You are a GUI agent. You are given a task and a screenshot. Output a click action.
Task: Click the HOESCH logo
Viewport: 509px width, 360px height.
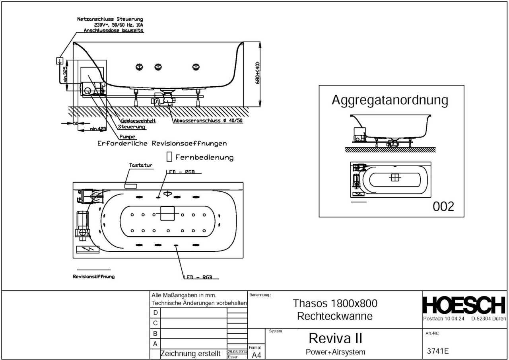click(464, 306)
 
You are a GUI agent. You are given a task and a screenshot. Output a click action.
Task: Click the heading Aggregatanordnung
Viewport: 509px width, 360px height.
click(390, 100)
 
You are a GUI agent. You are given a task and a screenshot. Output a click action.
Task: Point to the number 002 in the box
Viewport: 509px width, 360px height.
click(443, 206)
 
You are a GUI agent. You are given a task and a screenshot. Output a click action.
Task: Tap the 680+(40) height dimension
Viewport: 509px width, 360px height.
click(258, 73)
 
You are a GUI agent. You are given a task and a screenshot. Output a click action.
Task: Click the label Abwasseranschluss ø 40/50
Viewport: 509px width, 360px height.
click(208, 121)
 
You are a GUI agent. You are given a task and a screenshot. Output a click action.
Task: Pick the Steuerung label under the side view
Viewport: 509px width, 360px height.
click(132, 127)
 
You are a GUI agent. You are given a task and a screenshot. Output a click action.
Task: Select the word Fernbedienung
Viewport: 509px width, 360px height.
click(204, 158)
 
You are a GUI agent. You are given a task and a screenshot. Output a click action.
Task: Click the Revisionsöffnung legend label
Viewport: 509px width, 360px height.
click(93, 276)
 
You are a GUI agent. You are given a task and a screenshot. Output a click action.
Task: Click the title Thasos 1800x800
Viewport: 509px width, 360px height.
click(335, 304)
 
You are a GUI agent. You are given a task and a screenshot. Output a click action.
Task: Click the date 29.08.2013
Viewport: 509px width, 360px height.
click(237, 352)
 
